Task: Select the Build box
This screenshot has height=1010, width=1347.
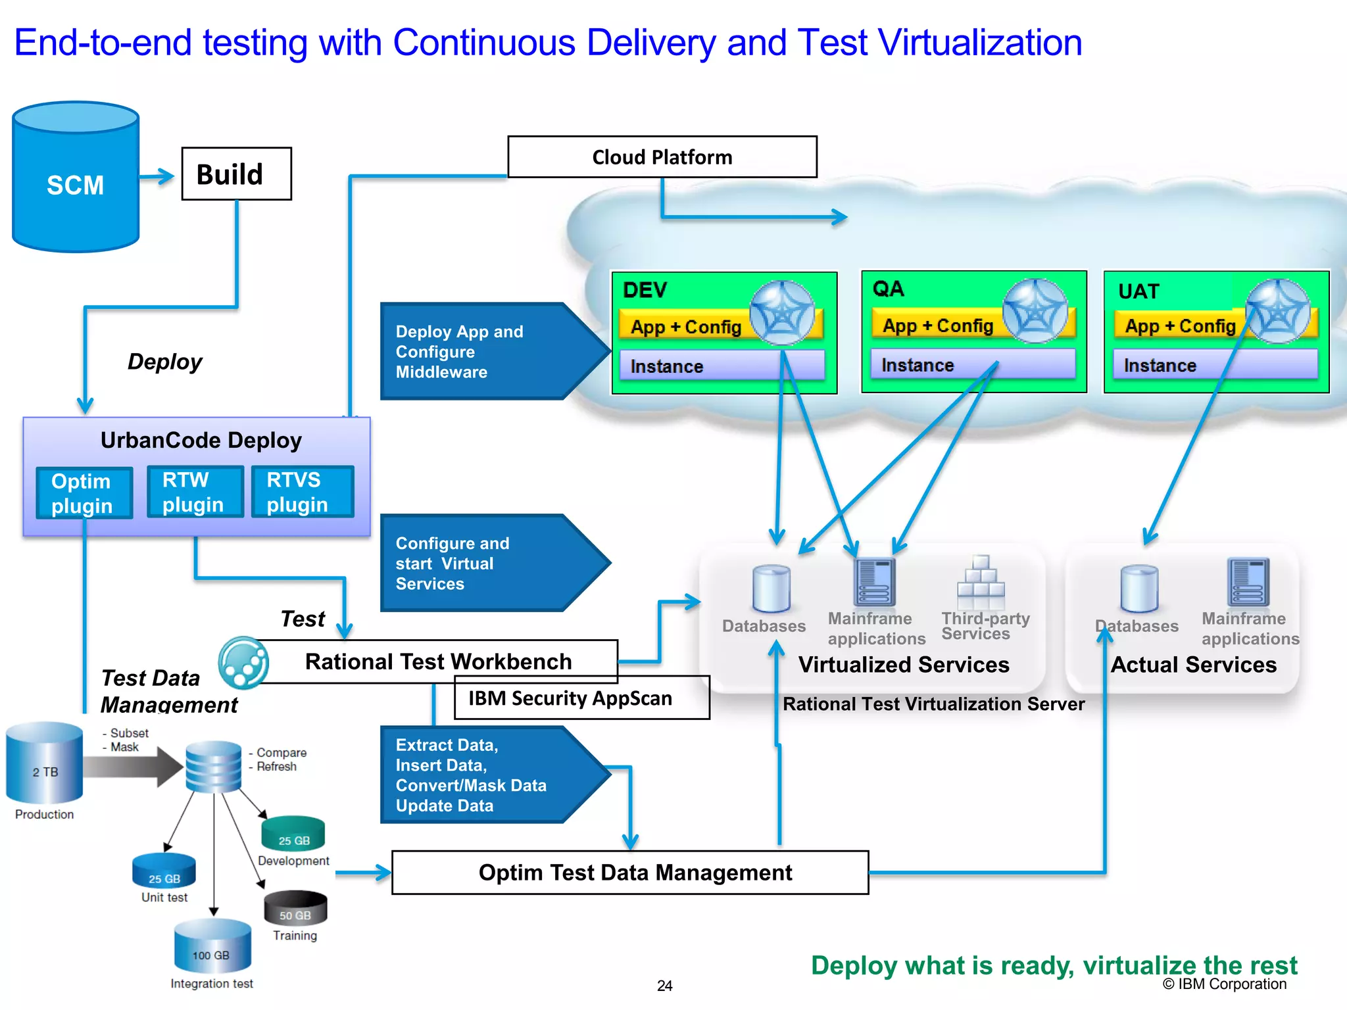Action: pos(236,174)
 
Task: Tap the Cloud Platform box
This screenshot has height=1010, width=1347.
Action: pos(662,157)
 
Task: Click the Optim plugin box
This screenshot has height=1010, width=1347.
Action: pos(84,493)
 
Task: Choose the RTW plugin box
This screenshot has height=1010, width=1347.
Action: pos(195,492)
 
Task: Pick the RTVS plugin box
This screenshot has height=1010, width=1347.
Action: pos(302,492)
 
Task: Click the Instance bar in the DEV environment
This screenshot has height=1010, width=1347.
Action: pos(722,366)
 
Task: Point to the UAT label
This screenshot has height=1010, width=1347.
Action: pos(1139,291)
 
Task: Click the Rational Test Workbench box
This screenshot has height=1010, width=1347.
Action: pos(438,661)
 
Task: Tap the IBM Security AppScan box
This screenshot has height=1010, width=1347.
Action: pos(581,698)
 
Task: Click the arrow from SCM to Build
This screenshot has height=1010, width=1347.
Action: pos(157,176)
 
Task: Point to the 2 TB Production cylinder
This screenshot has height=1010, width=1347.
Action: pos(45,764)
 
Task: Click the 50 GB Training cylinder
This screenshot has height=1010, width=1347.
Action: pos(295,909)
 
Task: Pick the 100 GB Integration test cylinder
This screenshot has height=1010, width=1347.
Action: pos(212,948)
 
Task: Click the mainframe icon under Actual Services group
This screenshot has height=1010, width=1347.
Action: pos(1247,582)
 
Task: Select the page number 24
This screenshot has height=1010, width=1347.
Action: pos(664,986)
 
